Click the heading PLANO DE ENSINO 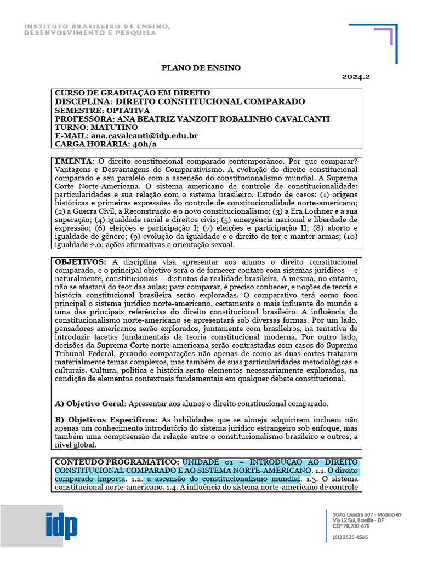(x=201, y=67)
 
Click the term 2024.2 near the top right (x=356, y=77)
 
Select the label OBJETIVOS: (x=81, y=262)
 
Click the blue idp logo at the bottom (x=62, y=526)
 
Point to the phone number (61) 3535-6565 (x=350, y=537)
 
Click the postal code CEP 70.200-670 (x=351, y=525)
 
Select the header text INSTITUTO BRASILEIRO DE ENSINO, (x=97, y=27)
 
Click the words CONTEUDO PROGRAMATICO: (x=117, y=462)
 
